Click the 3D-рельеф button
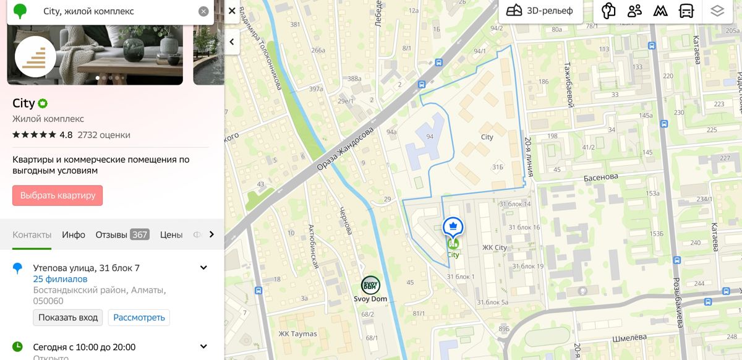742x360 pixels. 540,11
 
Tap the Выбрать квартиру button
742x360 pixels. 58,195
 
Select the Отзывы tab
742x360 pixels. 122,235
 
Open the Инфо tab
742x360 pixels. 74,235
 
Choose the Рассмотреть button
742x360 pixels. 139,317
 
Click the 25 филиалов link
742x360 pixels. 60,279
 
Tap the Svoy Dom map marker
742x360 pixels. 370,285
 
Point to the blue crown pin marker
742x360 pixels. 453,226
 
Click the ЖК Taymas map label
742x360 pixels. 297,334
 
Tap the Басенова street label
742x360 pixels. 600,177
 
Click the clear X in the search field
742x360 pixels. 203,11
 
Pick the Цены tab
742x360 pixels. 171,235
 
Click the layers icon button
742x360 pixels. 717,11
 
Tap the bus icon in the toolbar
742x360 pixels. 686,11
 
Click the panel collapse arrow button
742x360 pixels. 232,42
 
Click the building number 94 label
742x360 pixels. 430,136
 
